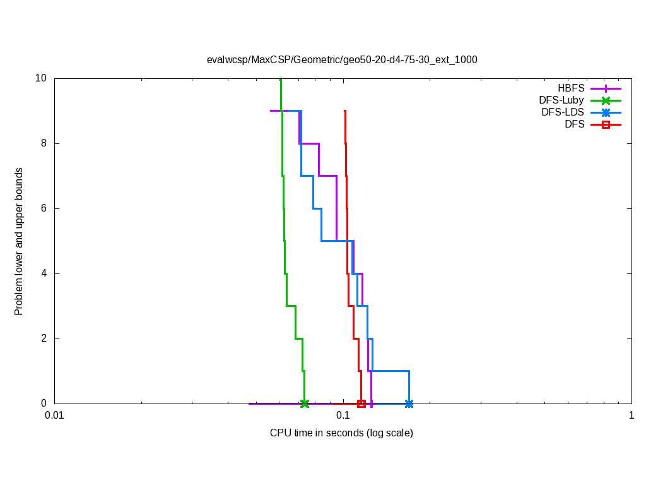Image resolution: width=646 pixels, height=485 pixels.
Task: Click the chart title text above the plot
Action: click(342, 60)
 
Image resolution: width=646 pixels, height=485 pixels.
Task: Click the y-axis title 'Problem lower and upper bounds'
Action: click(19, 241)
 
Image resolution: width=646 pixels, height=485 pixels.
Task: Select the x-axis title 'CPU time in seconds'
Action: click(341, 433)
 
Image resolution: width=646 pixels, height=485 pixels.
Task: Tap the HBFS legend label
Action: click(571, 88)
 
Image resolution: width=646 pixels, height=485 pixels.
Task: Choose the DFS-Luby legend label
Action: click(561, 100)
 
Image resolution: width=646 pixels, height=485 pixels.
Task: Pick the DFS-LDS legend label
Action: click(563, 112)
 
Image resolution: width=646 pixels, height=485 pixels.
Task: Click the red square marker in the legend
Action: click(606, 124)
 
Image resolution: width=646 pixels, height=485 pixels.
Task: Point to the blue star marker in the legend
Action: click(606, 112)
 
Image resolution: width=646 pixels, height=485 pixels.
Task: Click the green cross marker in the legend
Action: click(606, 100)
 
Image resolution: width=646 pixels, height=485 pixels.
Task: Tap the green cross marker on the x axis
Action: click(305, 404)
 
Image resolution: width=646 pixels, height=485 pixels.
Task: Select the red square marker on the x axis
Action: click(361, 404)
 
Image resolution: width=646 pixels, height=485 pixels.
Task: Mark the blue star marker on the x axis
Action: click(409, 404)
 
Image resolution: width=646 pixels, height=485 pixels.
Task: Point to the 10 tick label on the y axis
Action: click(42, 78)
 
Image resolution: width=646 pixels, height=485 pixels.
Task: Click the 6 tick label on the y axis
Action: click(44, 208)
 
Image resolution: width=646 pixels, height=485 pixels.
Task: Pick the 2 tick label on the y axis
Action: click(44, 338)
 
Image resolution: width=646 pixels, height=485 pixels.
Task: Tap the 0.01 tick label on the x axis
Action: click(54, 416)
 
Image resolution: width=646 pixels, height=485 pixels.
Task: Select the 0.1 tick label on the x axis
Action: click(343, 416)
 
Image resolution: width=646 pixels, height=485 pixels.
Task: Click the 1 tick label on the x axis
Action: click(631, 416)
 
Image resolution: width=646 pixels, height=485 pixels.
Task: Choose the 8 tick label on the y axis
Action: click(44, 143)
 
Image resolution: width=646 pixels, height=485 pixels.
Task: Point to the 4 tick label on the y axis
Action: click(44, 273)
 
